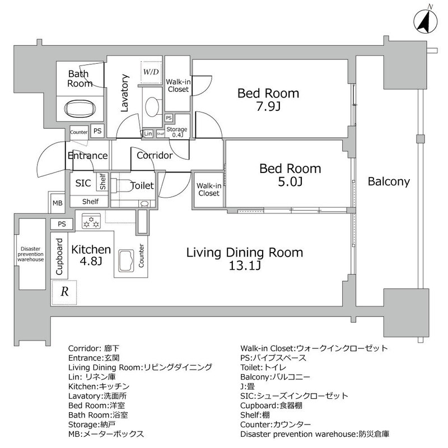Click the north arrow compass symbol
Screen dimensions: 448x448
click(x=426, y=22)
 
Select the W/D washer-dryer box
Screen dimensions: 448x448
click(x=151, y=72)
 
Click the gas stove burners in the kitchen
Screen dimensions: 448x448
click(x=91, y=221)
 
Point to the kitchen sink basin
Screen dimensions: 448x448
click(x=126, y=260)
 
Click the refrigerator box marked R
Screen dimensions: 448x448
click(x=64, y=292)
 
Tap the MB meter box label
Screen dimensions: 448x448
click(x=58, y=203)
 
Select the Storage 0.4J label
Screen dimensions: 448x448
click(x=177, y=132)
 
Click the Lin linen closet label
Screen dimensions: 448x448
click(x=148, y=133)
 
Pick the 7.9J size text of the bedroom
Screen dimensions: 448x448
click(x=268, y=106)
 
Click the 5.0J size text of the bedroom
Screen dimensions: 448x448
click(x=290, y=181)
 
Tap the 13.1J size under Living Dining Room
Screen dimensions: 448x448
click(x=245, y=265)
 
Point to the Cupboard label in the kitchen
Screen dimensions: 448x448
click(x=59, y=256)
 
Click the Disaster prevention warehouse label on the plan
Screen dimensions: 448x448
click(x=31, y=254)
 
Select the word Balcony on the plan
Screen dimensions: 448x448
click(x=389, y=181)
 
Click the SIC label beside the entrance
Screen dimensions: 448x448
click(x=83, y=183)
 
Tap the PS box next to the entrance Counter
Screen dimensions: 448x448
click(x=97, y=131)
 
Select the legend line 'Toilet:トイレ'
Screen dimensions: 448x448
click(x=263, y=367)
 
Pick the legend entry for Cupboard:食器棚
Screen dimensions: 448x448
click(x=271, y=405)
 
